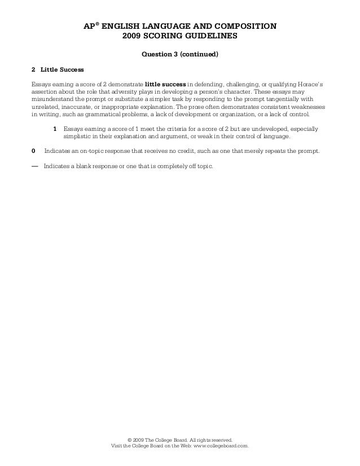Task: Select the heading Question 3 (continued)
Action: (179, 55)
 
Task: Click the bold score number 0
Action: (33, 152)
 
